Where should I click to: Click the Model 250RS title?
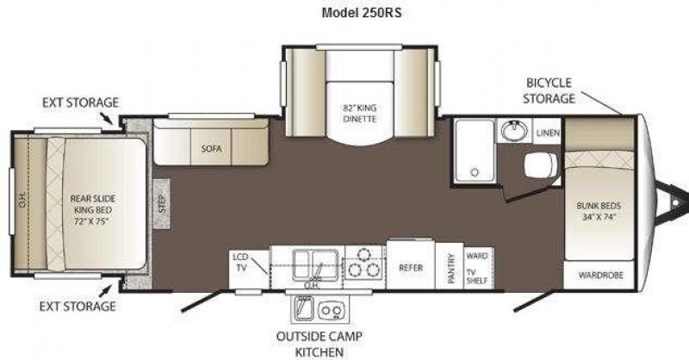point(361,13)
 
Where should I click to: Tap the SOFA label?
point(211,149)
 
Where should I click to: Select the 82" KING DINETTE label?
point(360,113)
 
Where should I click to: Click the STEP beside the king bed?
point(162,203)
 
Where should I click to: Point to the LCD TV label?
point(241,262)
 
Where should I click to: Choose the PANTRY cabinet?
point(450,266)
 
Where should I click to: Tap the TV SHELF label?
point(477,276)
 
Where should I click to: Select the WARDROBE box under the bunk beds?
point(599,275)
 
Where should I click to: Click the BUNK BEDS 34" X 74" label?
point(599,211)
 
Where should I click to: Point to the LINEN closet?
point(548,132)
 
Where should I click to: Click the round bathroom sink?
point(514,131)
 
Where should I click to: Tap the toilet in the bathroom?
point(541,165)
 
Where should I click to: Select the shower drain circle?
point(475,172)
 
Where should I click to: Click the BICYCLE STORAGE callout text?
point(549,90)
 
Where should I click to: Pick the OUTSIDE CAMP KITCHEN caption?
point(320,344)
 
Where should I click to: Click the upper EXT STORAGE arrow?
point(106,118)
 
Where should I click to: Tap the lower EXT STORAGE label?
point(78,307)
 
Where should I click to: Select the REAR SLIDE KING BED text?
point(93,209)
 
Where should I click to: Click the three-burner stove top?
point(363,264)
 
